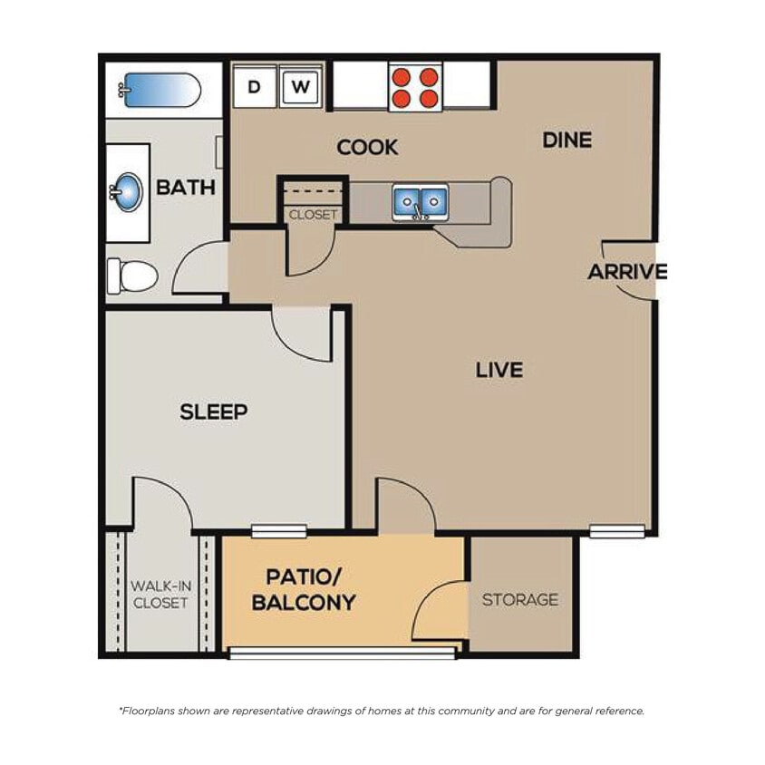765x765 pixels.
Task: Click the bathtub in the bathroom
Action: tap(161, 90)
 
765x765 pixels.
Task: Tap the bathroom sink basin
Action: tap(128, 192)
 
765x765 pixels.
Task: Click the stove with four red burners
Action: tap(415, 87)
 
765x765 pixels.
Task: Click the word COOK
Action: tap(367, 147)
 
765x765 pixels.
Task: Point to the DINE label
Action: tap(566, 140)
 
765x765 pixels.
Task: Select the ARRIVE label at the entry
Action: tap(627, 272)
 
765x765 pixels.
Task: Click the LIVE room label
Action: tap(499, 370)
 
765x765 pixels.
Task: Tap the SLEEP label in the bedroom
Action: tap(214, 412)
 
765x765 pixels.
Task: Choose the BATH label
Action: tap(186, 188)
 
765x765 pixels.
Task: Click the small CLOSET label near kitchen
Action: tap(313, 215)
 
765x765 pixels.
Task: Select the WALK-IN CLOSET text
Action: tap(160, 594)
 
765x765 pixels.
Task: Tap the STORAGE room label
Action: tap(520, 599)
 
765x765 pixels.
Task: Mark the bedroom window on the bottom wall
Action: tap(279, 531)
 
